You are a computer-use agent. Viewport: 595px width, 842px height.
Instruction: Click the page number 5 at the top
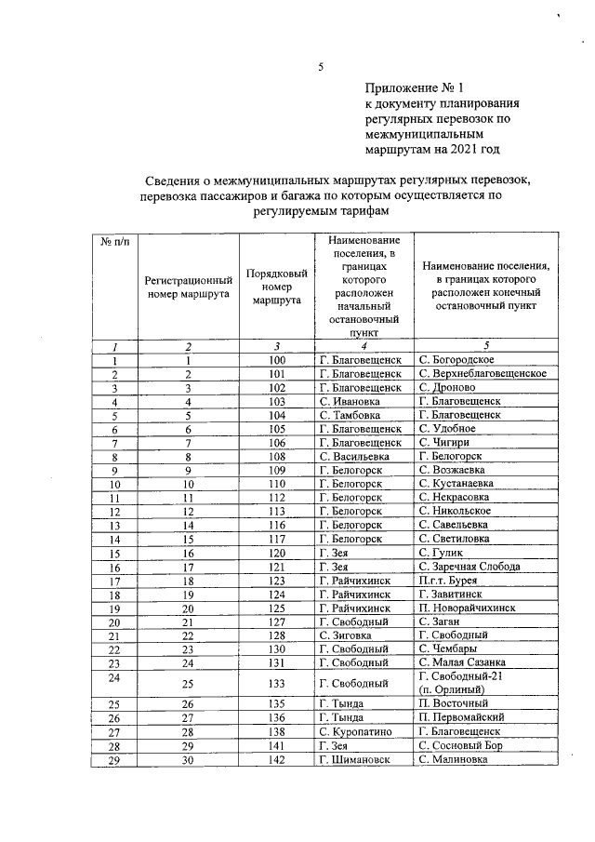point(320,67)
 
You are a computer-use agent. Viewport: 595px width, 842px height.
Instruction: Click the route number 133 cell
point(276,682)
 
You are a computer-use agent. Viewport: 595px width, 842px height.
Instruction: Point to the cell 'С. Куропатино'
point(359,731)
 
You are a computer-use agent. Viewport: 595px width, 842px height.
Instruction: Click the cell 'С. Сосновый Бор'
point(461,745)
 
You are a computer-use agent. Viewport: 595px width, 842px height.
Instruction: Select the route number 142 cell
point(276,759)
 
